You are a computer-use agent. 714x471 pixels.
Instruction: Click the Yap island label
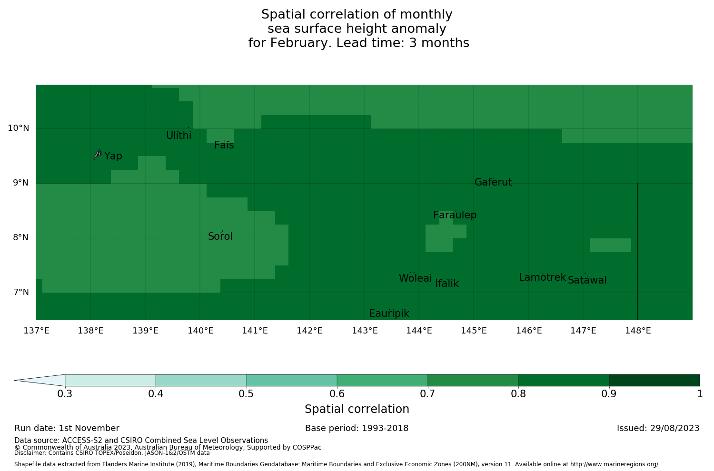[x=113, y=156]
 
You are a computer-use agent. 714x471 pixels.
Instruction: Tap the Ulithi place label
[x=178, y=136]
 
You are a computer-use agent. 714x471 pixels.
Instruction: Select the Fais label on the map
[x=224, y=145]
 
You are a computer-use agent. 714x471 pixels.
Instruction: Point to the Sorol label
[x=220, y=236]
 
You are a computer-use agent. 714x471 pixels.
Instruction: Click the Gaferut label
[x=493, y=182]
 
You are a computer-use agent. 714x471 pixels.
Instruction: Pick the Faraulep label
[x=455, y=215]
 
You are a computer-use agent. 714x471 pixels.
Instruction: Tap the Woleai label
[x=415, y=278]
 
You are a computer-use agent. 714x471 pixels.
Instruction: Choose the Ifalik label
[x=447, y=284]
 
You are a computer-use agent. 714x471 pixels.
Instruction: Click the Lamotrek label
[x=542, y=277]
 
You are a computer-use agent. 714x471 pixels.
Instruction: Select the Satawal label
[x=587, y=280]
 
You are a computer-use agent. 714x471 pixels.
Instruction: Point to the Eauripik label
[x=389, y=314]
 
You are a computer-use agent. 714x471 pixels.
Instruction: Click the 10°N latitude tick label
[x=18, y=128]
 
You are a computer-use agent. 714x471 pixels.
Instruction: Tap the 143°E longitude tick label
[x=365, y=331]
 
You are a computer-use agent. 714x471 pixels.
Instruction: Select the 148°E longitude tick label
[x=638, y=331]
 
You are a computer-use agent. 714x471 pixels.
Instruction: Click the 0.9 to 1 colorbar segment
[x=654, y=380]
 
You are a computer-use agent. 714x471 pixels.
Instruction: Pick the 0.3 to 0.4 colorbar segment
[x=110, y=380]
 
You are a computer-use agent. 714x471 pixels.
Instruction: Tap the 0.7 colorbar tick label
[x=427, y=393]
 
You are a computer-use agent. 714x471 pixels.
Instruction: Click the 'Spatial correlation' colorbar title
[x=357, y=409]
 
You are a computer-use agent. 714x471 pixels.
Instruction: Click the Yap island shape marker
[x=98, y=154]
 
